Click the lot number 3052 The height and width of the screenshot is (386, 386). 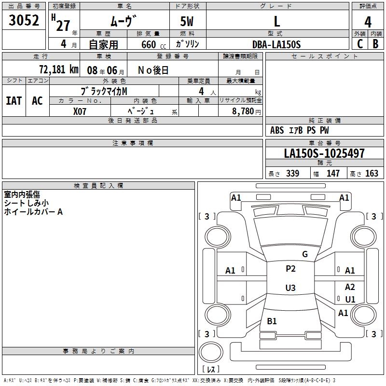pyautogui.click(x=25, y=21)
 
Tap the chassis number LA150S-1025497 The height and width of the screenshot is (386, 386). pyautogui.click(x=324, y=154)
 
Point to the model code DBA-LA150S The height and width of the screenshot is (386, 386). pyautogui.click(x=276, y=44)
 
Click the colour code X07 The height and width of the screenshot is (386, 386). pyautogui.click(x=80, y=110)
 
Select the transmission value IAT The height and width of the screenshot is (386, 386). pyautogui.click(x=14, y=100)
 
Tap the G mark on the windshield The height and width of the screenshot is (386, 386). pyautogui.click(x=304, y=254)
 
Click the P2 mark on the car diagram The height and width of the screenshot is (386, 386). pyautogui.click(x=290, y=269)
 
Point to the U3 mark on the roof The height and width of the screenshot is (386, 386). pyautogui.click(x=290, y=288)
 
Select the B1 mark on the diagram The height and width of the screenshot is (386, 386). pyautogui.click(x=272, y=321)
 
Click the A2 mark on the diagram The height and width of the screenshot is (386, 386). pyautogui.click(x=350, y=287)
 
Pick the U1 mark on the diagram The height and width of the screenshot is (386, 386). pyautogui.click(x=350, y=299)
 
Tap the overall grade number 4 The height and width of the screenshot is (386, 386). pyautogui.click(x=368, y=22)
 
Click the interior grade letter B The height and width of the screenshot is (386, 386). pyautogui.click(x=375, y=44)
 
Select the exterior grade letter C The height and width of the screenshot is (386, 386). pyautogui.click(x=360, y=44)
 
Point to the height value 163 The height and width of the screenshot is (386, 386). pyautogui.click(x=372, y=174)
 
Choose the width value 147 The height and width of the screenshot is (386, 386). pyautogui.click(x=333, y=174)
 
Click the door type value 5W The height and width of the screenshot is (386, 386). pyautogui.click(x=188, y=22)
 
